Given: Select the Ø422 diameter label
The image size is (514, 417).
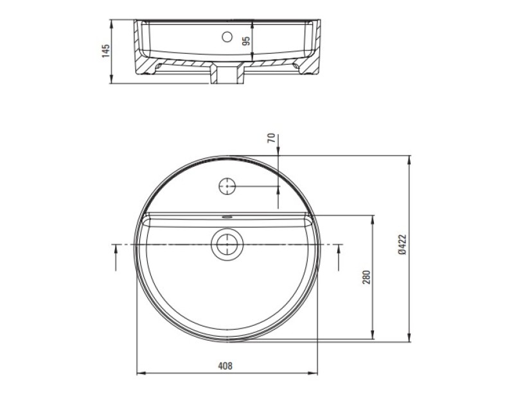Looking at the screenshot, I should click(402, 246).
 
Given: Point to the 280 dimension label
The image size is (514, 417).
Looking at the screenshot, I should click(366, 277).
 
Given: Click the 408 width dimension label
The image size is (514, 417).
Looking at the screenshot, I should click(225, 366).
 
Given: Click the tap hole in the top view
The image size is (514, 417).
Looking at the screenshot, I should click(228, 187).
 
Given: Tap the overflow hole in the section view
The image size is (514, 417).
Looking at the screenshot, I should click(227, 37).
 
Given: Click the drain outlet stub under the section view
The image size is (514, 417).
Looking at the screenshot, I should click(227, 76).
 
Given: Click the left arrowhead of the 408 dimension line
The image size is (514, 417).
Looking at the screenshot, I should click(141, 373).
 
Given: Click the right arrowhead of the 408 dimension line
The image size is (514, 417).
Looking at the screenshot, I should click(315, 373).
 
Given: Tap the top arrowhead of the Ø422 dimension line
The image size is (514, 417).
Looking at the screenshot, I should click(409, 158).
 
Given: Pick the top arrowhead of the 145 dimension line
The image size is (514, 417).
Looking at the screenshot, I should click(112, 24).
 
